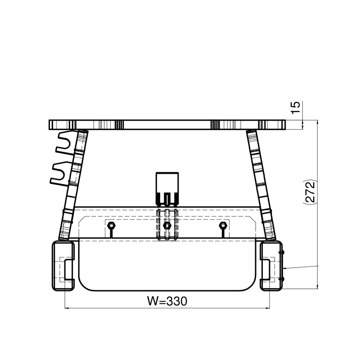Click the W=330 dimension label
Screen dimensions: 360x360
point(167,301)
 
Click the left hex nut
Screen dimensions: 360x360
point(111,225)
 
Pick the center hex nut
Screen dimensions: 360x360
point(167,225)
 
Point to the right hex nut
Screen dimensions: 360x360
point(223,225)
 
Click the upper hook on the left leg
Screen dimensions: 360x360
point(65,142)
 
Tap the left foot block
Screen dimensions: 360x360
point(63,265)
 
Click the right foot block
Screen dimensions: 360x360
point(271,265)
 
